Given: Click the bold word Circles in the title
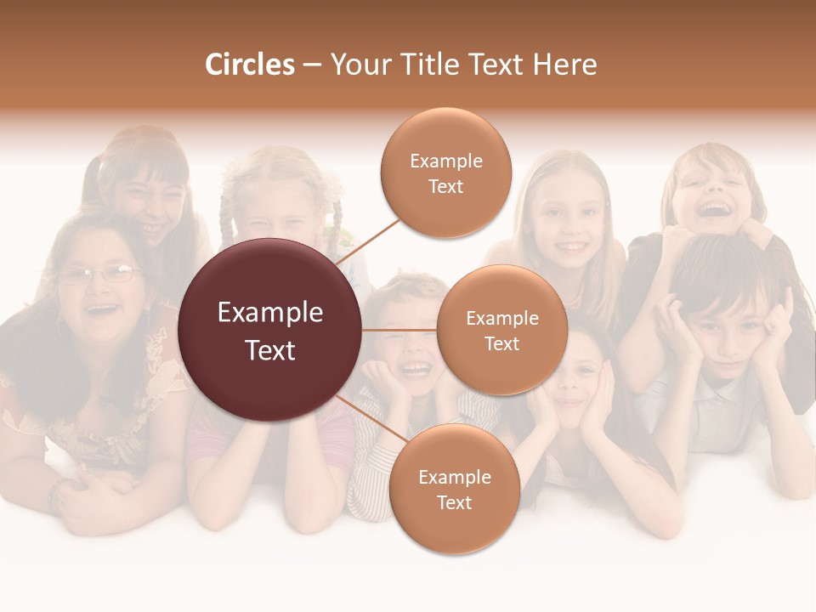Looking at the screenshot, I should pos(249,65).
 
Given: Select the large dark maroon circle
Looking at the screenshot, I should pos(270,330).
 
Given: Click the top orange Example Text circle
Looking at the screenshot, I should pos(446,173).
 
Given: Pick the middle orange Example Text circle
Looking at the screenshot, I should pos(502,330).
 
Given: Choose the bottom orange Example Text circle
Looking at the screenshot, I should pos(454,489).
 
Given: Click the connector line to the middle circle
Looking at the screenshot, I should pos(399,330).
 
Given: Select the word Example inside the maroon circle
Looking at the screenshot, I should pos(270,313).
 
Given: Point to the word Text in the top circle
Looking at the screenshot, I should pos(446,186).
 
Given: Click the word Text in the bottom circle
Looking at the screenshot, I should pos(454,502).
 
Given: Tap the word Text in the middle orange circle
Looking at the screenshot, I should pos(502,343).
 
